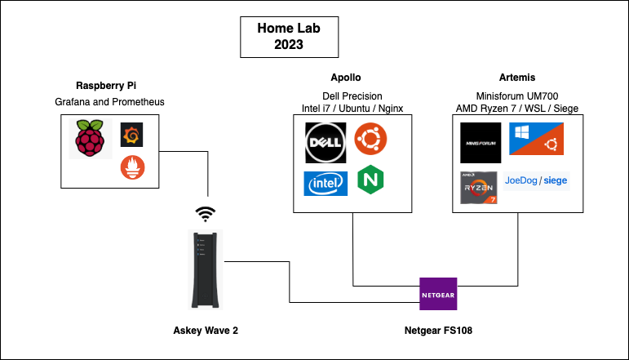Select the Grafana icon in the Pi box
coord(132,134)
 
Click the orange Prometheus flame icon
coord(132,167)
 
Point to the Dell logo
coord(326,143)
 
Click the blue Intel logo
coord(326,184)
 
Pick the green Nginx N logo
coord(371,180)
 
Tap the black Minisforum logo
coord(481,143)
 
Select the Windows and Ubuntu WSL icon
coord(539,139)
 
